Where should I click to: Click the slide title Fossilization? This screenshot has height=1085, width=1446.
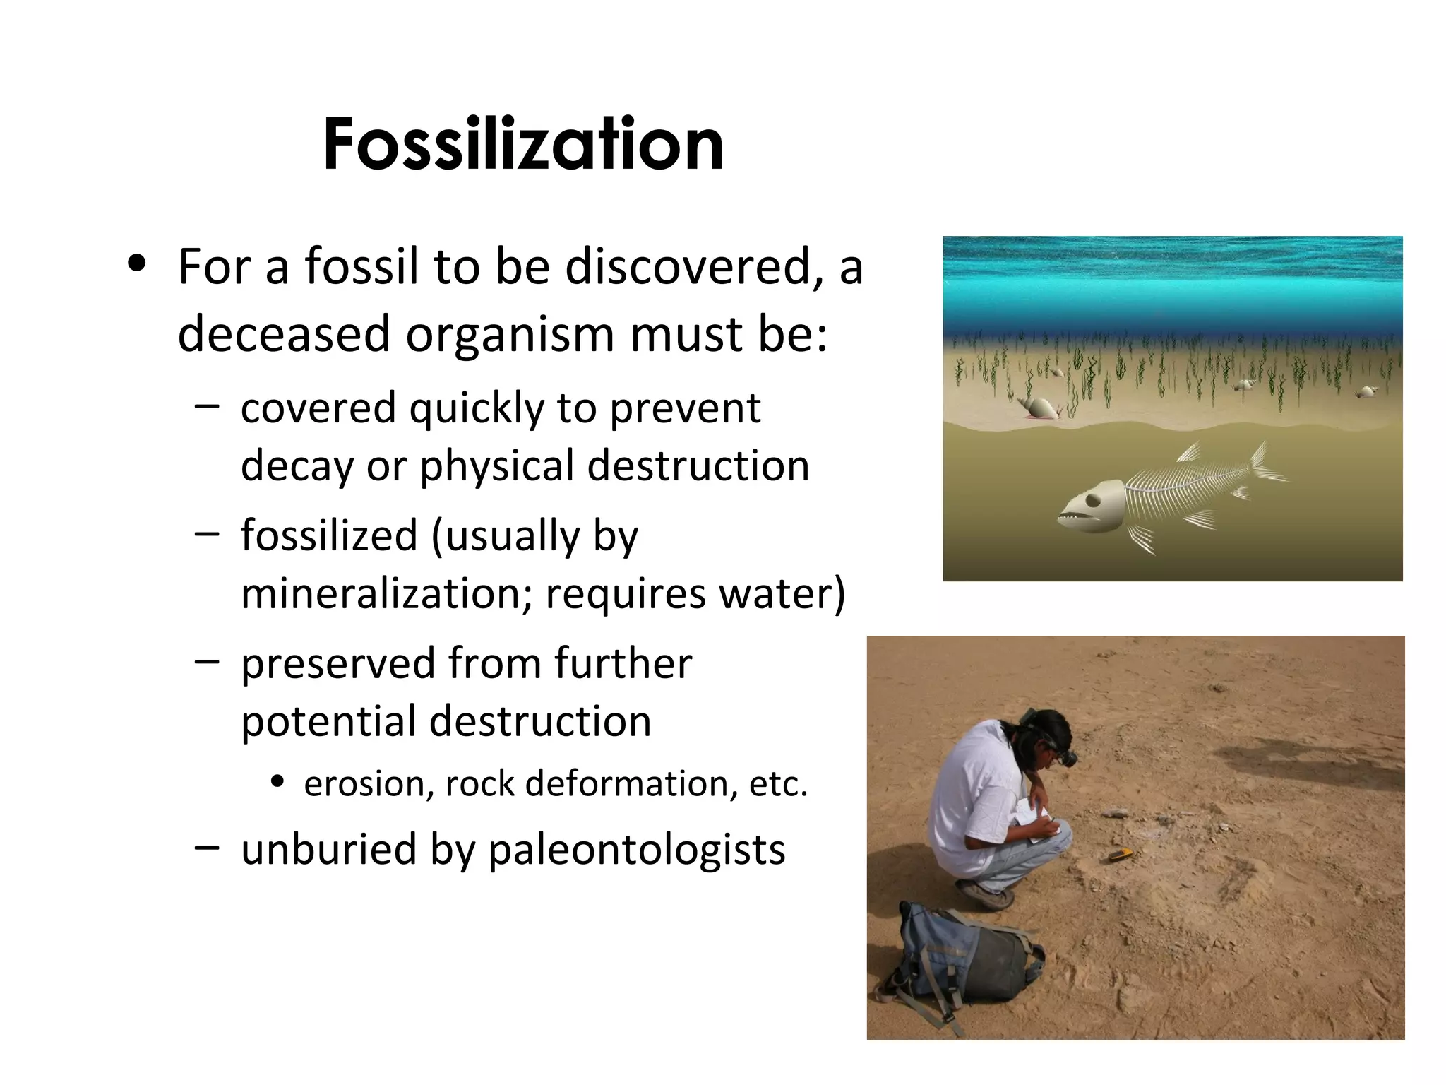click(x=523, y=144)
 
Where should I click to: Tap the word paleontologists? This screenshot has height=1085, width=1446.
click(x=636, y=849)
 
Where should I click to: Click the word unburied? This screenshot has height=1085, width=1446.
click(x=328, y=849)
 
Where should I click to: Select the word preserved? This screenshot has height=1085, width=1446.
click(x=337, y=664)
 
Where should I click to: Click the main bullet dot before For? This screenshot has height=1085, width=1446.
click(x=137, y=264)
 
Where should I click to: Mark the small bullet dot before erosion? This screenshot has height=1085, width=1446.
click(x=277, y=782)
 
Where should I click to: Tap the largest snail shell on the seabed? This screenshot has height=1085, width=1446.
click(x=1039, y=408)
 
